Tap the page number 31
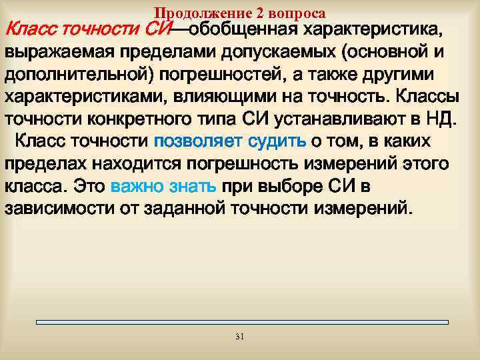(x=240, y=337)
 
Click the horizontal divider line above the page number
(x=240, y=323)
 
